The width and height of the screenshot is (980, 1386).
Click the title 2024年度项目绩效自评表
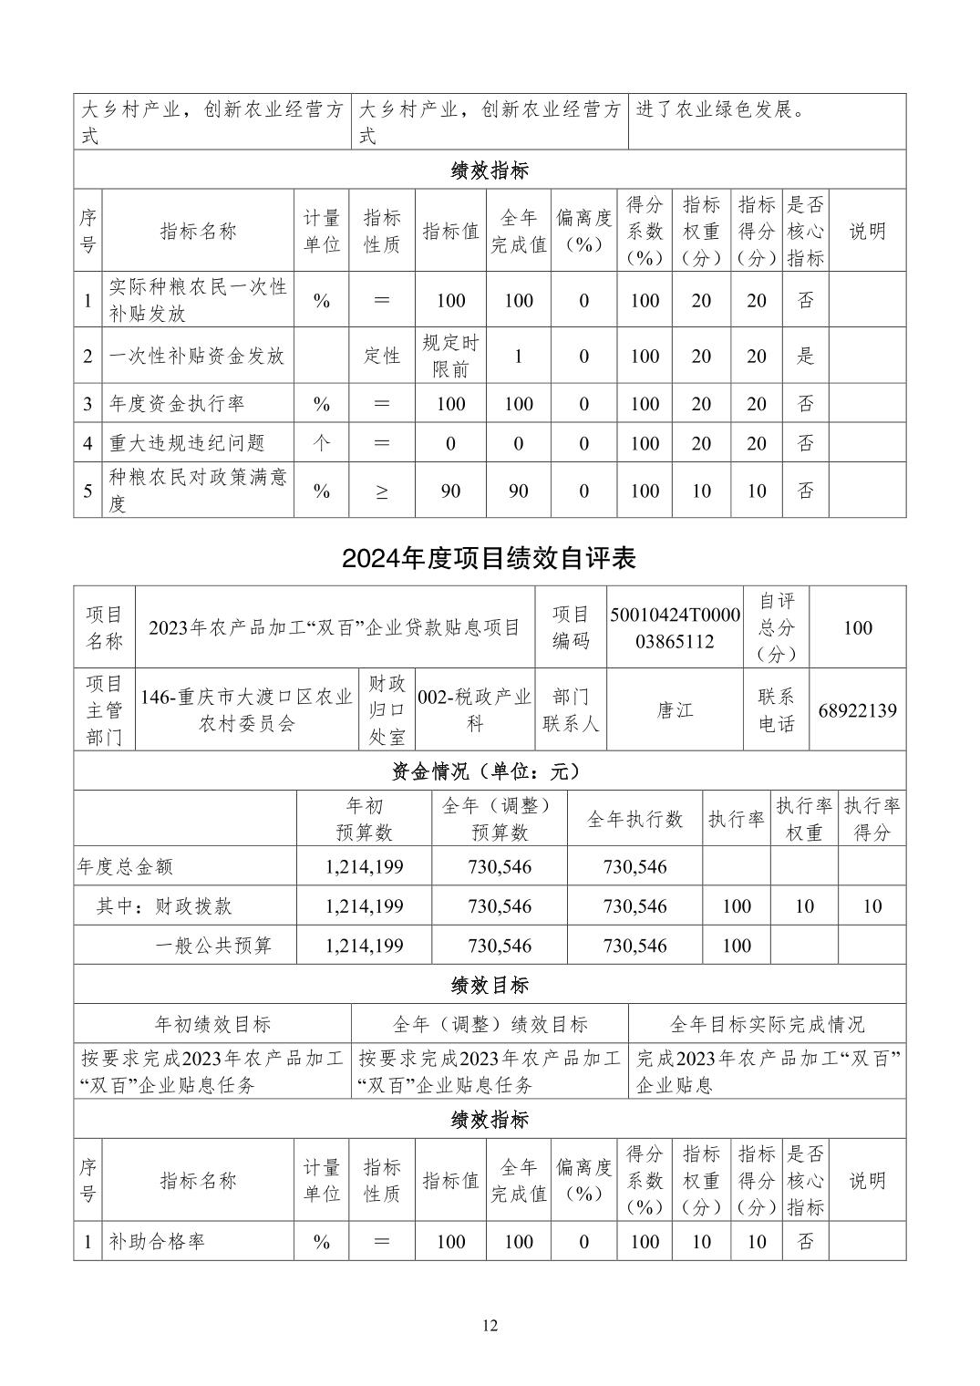(x=490, y=558)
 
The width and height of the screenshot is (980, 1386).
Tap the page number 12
(x=490, y=1326)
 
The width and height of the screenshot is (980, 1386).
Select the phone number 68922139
(x=857, y=710)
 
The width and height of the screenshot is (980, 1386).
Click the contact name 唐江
(x=675, y=710)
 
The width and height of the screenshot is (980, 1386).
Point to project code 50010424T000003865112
(x=675, y=627)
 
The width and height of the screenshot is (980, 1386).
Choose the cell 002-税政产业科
(x=474, y=710)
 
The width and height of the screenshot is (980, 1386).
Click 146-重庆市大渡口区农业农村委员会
(x=246, y=710)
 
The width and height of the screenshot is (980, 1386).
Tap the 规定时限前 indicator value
(x=450, y=356)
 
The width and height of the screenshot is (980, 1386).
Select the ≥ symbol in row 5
(x=382, y=491)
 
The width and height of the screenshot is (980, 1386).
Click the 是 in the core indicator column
(x=805, y=356)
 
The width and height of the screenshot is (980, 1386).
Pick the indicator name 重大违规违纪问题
(x=187, y=443)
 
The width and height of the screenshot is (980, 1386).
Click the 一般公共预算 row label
(x=213, y=946)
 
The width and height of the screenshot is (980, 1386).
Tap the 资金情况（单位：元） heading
(x=490, y=771)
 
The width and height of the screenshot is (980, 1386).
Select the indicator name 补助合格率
(x=157, y=1241)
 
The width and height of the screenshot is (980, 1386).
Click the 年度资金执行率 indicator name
(x=177, y=403)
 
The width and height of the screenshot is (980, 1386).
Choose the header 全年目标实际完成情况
(x=767, y=1024)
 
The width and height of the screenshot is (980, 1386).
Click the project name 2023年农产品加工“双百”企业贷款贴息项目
(x=335, y=627)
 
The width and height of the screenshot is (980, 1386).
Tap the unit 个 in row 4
(x=321, y=443)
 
